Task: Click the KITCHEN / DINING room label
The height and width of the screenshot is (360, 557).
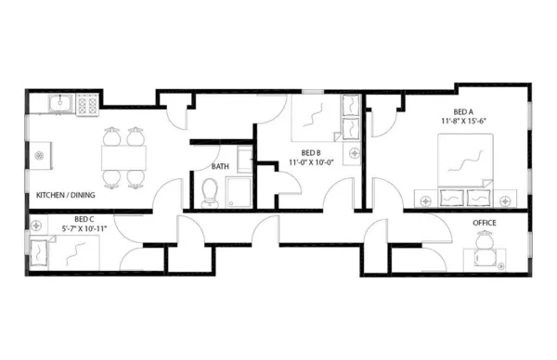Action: coord(66,196)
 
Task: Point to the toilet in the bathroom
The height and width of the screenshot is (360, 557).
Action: coord(210,192)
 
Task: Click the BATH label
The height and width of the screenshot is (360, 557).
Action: coord(220,167)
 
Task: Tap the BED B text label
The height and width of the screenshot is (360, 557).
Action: coord(311,152)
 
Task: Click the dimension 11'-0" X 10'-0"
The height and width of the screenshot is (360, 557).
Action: coord(311,162)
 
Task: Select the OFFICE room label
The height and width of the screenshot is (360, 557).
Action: coord(484,223)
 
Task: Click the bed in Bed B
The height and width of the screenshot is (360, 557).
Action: coord(317,118)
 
